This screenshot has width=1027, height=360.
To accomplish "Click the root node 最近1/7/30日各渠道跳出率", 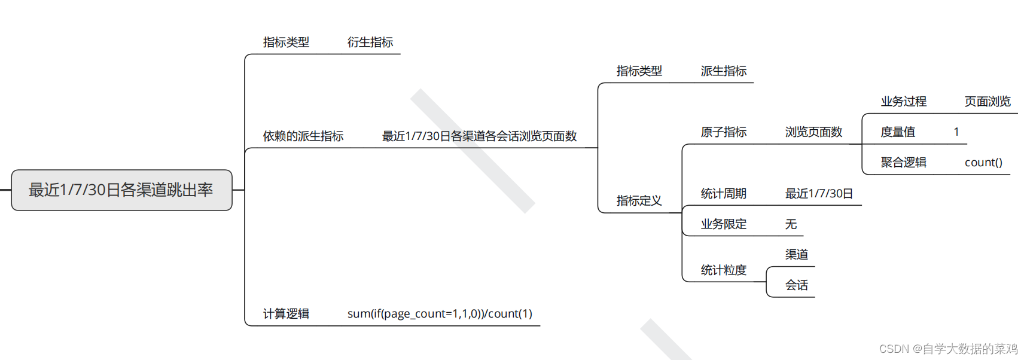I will tap(121, 190).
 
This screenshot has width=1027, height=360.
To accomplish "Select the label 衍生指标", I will tap(370, 42).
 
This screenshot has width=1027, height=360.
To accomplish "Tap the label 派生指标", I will tap(723, 71).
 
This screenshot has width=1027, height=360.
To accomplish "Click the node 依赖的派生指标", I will tap(303, 136).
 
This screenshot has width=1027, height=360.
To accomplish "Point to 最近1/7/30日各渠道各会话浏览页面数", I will tap(479, 136).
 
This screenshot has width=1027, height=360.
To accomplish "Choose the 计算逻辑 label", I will tap(286, 314).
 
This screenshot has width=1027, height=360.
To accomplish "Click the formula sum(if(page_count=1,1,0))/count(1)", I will tap(440, 314).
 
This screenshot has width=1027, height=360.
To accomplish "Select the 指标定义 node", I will tap(639, 201).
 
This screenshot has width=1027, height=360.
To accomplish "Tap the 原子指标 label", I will tap(723, 132).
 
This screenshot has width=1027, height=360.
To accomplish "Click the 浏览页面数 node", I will tap(813, 132).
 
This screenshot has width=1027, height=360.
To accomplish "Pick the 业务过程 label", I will tap(903, 102).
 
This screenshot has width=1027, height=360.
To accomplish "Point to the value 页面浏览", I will tap(988, 102).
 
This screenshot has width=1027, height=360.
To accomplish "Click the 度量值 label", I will tap(897, 132).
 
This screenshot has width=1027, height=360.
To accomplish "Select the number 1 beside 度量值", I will tap(956, 132).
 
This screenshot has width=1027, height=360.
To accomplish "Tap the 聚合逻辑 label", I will tap(903, 163).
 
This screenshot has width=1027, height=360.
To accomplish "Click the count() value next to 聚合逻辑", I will tap(983, 163).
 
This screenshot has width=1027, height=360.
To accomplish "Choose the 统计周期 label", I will tap(723, 194).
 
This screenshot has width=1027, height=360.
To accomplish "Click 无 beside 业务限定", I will tap(791, 224).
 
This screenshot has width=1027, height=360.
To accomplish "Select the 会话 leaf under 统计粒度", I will tap(796, 285).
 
